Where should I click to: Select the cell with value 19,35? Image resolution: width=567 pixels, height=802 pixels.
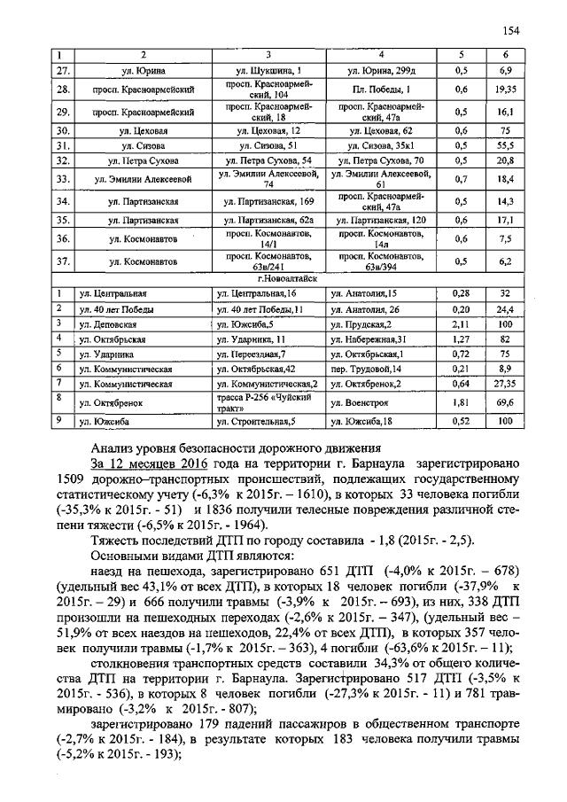(506, 90)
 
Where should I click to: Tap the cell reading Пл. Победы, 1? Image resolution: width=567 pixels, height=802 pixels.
(380, 90)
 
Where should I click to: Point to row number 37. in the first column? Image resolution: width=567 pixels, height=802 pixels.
(63, 261)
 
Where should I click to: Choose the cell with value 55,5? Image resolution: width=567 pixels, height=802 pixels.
(506, 146)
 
